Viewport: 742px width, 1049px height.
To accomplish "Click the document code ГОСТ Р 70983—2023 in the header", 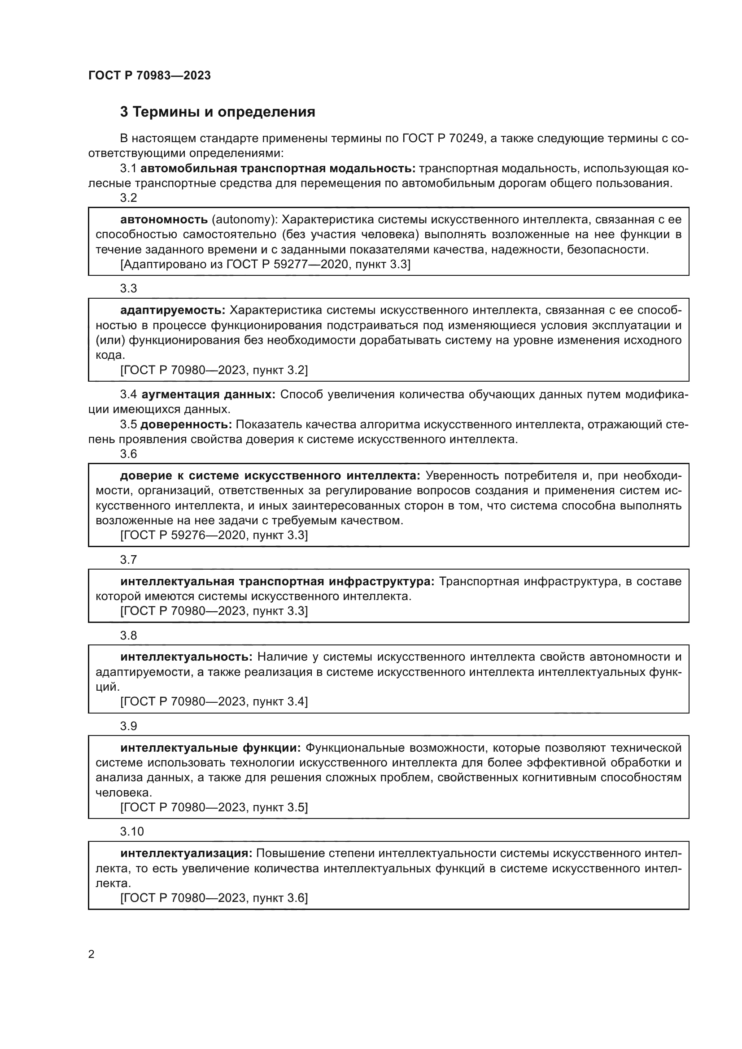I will pos(149,76).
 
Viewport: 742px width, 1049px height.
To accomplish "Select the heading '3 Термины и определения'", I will pos(218,112).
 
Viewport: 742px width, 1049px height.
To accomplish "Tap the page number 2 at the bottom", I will pos(92,954).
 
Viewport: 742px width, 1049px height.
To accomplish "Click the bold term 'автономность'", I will pos(164,220).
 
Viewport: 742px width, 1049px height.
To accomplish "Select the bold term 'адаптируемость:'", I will pos(173,310).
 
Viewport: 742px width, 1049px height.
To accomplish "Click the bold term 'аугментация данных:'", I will pos(208,394).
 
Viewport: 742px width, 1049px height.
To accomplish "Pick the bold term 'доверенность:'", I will pos(186,424).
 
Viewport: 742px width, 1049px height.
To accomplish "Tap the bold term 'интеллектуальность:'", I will pos(187,657).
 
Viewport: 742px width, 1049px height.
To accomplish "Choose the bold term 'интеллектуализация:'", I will pos(186,853).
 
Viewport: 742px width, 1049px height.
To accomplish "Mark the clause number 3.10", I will pos(132,831).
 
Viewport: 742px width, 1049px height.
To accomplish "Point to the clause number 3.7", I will pos(128,560).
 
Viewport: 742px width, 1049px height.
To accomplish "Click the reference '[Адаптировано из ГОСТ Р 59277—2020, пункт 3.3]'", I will pos(265,265).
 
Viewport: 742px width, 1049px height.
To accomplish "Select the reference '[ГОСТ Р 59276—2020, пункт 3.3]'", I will pos(214,535).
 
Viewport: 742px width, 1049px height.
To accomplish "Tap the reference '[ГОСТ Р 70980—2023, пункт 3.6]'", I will pos(214,898).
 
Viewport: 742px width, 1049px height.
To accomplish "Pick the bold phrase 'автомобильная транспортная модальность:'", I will pos(278,169).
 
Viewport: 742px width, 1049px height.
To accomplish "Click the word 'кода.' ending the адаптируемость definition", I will pos(109,355).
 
